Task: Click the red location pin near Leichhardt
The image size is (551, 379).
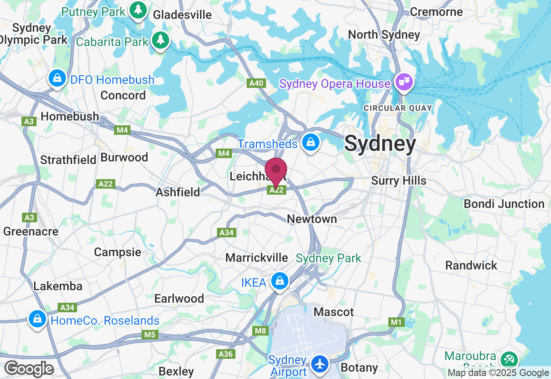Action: (x=276, y=171)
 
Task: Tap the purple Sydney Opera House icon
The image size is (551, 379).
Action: (x=404, y=82)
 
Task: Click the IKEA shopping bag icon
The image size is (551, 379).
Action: (x=280, y=281)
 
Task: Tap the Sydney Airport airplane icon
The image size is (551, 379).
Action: (x=320, y=363)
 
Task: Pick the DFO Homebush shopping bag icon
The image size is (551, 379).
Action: (x=57, y=78)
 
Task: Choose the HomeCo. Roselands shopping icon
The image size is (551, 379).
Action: (x=38, y=319)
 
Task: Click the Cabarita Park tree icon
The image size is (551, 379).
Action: (x=161, y=40)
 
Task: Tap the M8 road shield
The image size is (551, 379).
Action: (x=261, y=331)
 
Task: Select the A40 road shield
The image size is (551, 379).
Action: (x=256, y=83)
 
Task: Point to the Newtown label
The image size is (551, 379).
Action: (x=312, y=219)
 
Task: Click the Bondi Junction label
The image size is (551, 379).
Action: (x=504, y=204)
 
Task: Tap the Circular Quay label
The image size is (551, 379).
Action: (x=398, y=108)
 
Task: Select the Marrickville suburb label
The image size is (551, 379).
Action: (x=257, y=258)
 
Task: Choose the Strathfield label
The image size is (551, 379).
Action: (x=68, y=160)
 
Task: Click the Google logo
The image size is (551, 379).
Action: (x=29, y=369)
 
